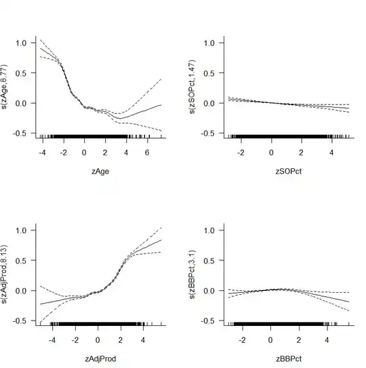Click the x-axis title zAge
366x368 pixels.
point(100,173)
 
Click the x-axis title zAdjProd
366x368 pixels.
point(100,360)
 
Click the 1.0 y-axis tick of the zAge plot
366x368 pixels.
point(23,43)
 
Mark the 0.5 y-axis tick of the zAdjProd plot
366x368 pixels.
point(23,260)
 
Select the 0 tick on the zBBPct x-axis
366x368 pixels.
point(271,340)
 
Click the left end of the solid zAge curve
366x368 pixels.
point(39,48)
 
